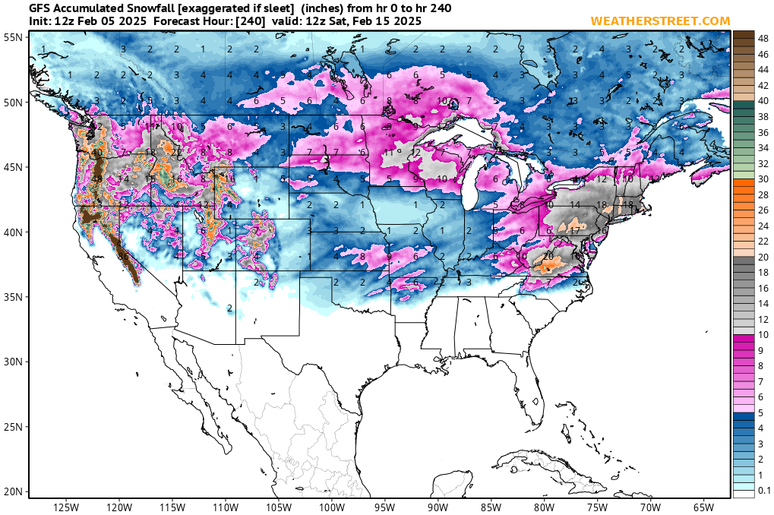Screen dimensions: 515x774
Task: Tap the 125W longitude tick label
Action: [x=67, y=507]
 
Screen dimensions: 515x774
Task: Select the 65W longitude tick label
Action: [x=703, y=507]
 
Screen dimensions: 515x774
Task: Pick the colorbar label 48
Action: [x=763, y=37]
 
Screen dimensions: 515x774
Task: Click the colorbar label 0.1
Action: [x=765, y=491]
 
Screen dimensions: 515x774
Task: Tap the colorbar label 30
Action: [x=763, y=179]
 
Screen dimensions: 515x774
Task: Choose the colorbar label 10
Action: [x=763, y=335]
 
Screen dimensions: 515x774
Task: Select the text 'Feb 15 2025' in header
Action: [x=389, y=21]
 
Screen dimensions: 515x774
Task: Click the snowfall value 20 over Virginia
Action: [x=548, y=256]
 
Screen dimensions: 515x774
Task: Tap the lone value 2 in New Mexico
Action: [x=229, y=308]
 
